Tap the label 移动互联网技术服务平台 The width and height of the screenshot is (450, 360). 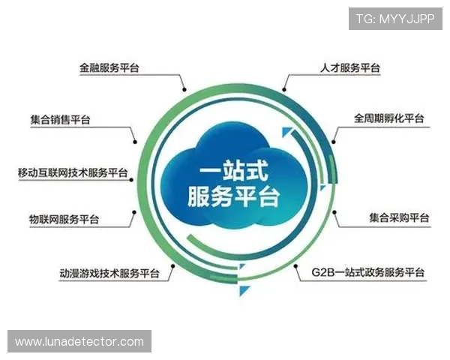tap(73, 172)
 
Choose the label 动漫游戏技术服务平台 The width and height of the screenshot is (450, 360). tap(109, 272)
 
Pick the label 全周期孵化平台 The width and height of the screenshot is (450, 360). tap(388, 118)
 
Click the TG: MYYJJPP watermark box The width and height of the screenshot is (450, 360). tap(394, 18)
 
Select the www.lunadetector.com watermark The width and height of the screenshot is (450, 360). tap(79, 342)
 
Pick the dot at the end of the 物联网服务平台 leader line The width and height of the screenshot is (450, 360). tap(133, 213)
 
